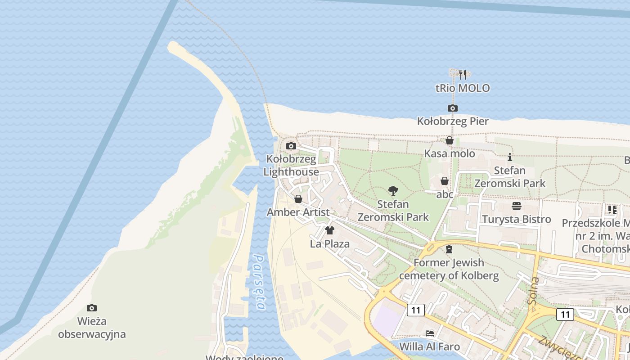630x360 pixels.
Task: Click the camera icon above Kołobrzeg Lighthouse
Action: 291,146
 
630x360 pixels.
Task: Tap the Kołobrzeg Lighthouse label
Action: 292,166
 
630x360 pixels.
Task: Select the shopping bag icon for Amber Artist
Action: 298,199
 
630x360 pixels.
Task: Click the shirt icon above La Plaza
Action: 329,230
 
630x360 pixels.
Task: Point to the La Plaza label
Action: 329,244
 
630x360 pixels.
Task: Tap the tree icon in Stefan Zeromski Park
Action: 393,191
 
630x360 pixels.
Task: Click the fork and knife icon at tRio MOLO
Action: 463,74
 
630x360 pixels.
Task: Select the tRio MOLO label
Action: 463,88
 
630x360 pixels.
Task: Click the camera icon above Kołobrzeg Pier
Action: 452,108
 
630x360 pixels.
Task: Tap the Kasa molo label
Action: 450,154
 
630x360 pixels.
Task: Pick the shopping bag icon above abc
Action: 444,181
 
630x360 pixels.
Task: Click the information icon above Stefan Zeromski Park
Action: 509,157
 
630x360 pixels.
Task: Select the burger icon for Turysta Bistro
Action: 516,206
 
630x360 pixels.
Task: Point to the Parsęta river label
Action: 260,282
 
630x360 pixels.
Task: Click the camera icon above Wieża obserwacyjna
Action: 92,308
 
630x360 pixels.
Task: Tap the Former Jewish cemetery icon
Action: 449,249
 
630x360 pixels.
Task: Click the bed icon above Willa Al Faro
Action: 430,333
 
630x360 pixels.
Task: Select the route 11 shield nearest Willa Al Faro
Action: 415,310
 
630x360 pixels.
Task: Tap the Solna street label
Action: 534,290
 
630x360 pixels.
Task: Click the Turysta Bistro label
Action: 516,220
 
